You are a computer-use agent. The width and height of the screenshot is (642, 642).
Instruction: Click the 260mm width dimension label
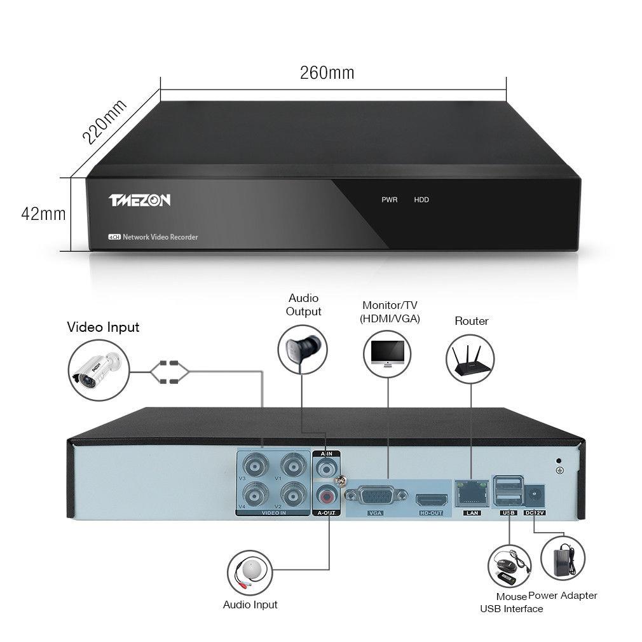pos(327,72)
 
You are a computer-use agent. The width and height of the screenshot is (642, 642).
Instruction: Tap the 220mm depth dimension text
pos(105,122)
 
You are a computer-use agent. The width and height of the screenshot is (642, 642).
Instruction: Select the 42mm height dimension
pos(43,214)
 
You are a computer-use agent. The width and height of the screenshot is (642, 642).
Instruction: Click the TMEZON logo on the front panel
pos(139,200)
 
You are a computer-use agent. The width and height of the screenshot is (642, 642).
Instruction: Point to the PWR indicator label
pos(389,200)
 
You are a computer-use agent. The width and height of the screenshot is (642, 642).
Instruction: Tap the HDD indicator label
pos(421,200)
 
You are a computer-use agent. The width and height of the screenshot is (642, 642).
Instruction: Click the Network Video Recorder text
pos(160,237)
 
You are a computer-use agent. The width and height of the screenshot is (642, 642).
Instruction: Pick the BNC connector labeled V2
pos(292,493)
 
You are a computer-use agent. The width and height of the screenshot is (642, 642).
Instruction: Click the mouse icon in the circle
pos(509,566)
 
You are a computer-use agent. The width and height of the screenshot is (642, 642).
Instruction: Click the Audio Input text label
pos(250,604)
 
